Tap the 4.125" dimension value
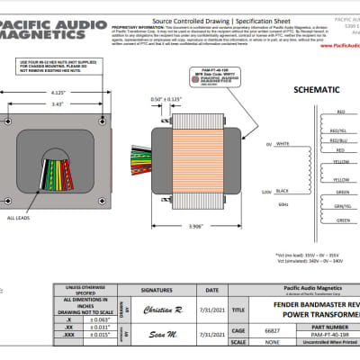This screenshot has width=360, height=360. click(56, 92)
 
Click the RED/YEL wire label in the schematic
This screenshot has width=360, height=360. click(340, 125)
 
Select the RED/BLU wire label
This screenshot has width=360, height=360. click(340, 140)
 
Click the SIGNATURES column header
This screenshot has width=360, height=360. click(163, 290)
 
